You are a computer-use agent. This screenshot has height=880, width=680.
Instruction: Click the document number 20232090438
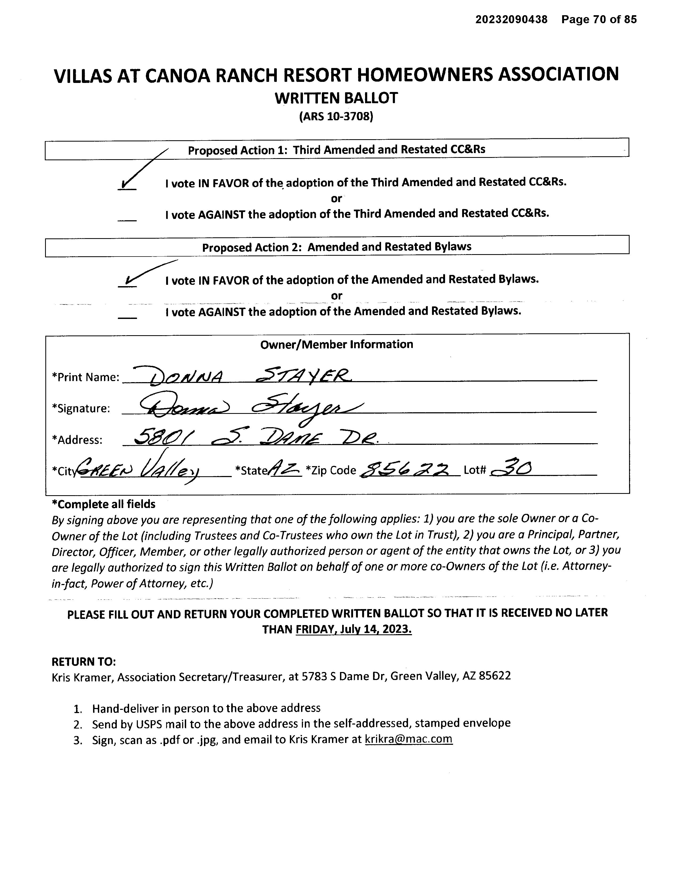511,19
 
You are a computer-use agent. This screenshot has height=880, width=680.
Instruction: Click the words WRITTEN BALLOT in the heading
336,98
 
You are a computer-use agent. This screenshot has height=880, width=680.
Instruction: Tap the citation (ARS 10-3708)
336,117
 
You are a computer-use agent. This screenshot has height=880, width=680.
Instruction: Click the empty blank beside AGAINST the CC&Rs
127,218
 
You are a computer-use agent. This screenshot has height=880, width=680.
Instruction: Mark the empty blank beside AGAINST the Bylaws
127,315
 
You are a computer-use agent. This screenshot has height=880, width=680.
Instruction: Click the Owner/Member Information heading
336,345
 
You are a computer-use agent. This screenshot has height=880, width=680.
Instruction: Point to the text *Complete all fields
103,504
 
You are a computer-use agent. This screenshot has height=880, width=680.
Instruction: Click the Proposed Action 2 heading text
336,247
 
